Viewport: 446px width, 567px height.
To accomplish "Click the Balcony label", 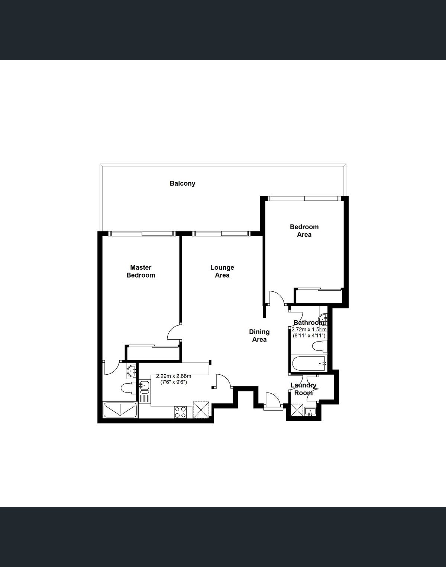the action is pos(182,183).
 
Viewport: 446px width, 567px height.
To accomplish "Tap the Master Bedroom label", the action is pos(141,271).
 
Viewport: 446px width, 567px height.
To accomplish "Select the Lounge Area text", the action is pos(222,271).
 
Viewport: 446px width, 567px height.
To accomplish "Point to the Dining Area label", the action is pos(259,336).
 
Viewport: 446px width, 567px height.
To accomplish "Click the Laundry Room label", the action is pos(303,389).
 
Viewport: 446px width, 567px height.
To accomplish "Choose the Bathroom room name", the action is pos(309,323).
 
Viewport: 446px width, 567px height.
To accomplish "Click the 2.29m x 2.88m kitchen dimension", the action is pos(174,376).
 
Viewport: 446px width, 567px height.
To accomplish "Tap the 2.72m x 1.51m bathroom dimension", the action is pos(309,329).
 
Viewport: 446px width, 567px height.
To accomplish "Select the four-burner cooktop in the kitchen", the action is pos(180,412).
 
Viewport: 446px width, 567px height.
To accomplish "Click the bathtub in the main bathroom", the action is pos(309,363).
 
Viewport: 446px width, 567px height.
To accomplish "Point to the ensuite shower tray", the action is pos(120,410).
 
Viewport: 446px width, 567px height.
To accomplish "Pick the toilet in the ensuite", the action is pos(129,388).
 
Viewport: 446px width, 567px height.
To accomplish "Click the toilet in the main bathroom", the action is pos(320,346).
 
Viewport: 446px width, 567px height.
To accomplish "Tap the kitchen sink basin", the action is pos(144,386).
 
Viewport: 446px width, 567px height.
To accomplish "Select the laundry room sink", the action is pos(311,411).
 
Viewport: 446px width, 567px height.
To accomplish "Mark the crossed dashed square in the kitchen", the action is pos(201,410).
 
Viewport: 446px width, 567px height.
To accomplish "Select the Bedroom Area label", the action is pos(304,231).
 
